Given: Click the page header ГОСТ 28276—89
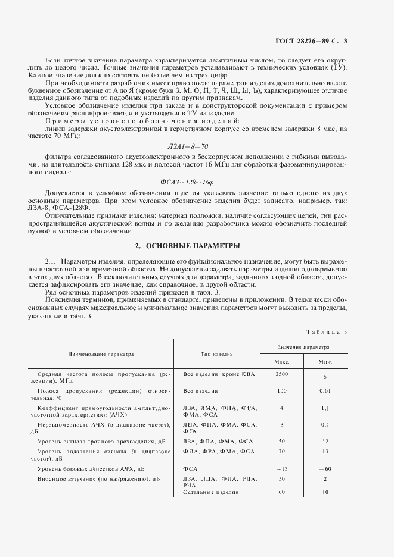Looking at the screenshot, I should coord(303,41).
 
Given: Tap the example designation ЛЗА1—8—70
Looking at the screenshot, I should coord(188,145).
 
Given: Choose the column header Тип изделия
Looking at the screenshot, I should coord(216,354).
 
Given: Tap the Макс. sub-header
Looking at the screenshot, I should coord(281,361).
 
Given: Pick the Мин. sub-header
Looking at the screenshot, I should coord(325,361).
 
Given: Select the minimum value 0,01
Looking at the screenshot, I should coord(325,391).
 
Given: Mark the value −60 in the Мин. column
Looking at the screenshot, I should coord(325,469).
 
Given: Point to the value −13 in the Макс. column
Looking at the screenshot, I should coord(281,469).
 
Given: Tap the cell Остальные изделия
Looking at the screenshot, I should coord(211,492).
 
